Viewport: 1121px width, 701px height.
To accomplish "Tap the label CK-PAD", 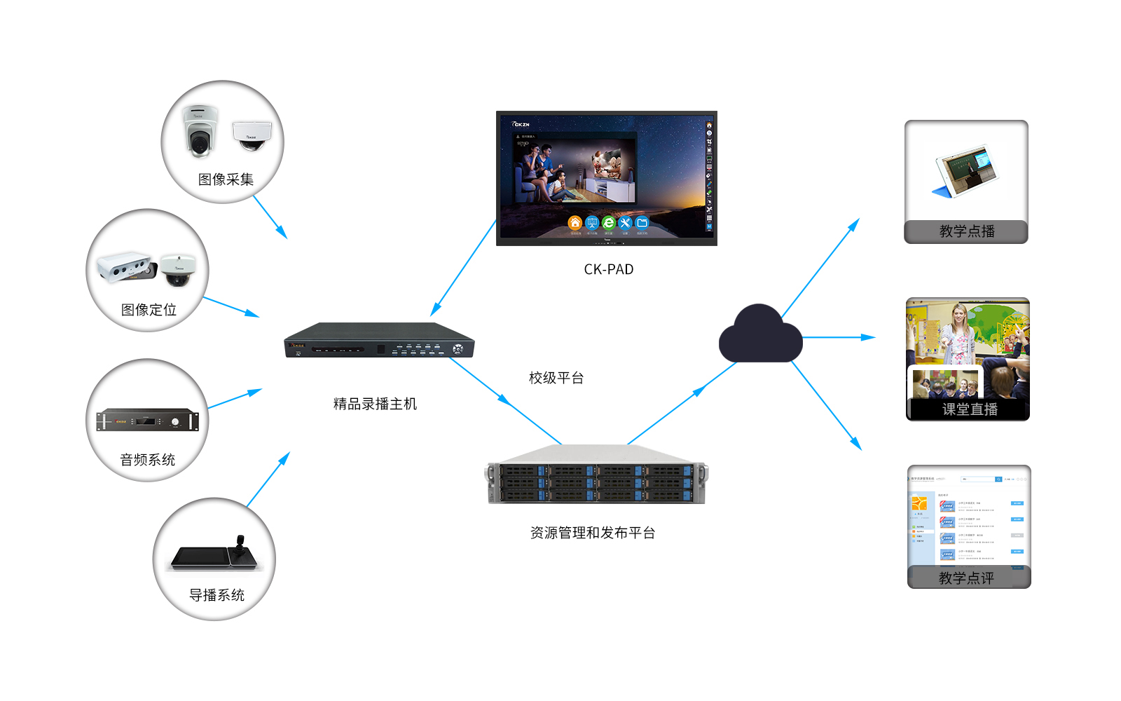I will click(608, 269).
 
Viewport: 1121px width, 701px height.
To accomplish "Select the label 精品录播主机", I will click(375, 404).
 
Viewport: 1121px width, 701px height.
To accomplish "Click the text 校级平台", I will click(556, 378).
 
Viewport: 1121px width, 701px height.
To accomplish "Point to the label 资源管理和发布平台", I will click(592, 533).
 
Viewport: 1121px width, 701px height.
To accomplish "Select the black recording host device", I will click(379, 341).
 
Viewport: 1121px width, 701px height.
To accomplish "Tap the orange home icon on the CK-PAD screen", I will click(575, 223).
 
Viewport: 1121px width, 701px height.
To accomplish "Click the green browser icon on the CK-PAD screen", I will click(608, 223).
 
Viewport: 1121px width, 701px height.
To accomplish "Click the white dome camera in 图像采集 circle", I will click(252, 134).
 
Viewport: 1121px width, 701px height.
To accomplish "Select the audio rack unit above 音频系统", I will click(147, 420).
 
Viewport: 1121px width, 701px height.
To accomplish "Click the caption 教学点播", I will click(966, 231).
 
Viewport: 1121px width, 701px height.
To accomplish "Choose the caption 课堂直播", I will click(969, 409).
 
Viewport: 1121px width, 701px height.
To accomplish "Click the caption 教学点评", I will click(966, 578).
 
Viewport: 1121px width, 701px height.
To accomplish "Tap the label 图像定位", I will click(149, 310).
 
